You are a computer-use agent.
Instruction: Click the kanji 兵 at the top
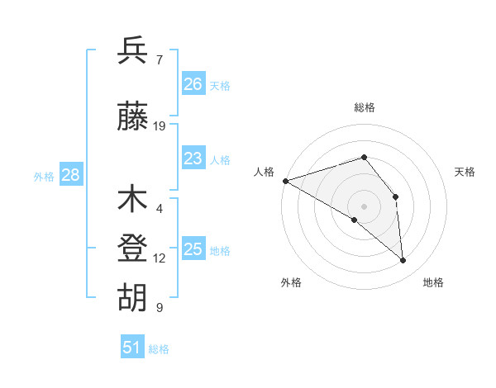click(x=133, y=51)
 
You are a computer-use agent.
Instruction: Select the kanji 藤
click(x=133, y=117)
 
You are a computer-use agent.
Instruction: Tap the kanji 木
click(x=133, y=200)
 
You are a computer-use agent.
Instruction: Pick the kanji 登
click(x=133, y=249)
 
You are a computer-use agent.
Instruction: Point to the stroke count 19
click(x=160, y=126)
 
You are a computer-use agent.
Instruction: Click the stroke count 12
click(x=160, y=258)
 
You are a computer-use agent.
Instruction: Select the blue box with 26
click(x=193, y=84)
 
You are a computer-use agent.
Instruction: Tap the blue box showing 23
click(x=193, y=159)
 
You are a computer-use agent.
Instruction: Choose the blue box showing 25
click(x=193, y=249)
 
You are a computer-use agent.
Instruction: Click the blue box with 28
click(x=70, y=175)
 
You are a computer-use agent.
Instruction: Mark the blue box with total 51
click(x=132, y=348)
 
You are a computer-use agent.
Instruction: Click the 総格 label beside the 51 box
click(x=159, y=349)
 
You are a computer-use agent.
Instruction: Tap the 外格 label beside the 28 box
click(x=44, y=177)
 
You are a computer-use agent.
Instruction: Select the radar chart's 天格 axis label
click(x=465, y=172)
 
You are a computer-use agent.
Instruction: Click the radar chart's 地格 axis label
click(x=433, y=282)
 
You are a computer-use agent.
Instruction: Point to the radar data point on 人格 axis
click(x=285, y=180)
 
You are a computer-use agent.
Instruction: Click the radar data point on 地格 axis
click(x=403, y=261)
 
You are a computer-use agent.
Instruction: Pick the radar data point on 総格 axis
click(x=364, y=157)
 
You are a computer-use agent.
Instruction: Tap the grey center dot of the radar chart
click(x=364, y=206)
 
